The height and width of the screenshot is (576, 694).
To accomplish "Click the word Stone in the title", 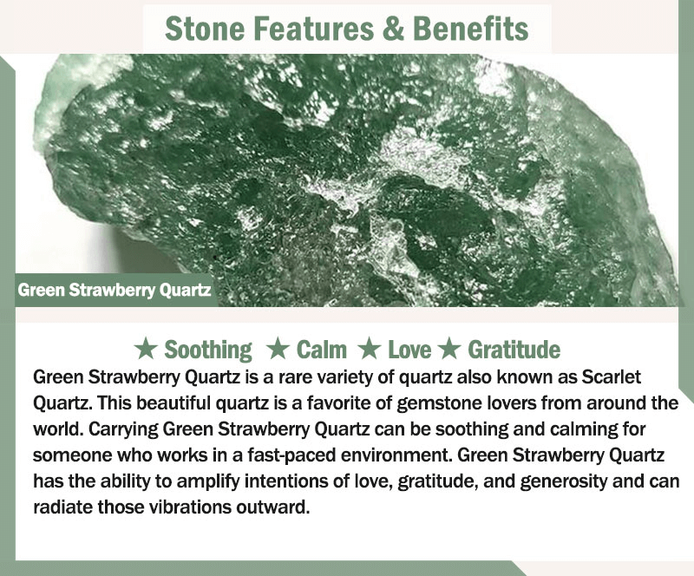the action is click(x=205, y=29).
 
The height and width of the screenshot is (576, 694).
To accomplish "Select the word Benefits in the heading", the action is click(x=470, y=29).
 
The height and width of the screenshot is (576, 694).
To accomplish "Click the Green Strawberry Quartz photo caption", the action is click(x=115, y=291).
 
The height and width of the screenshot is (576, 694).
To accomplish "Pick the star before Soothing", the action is click(x=146, y=349).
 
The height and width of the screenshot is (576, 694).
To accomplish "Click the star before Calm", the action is click(x=278, y=349).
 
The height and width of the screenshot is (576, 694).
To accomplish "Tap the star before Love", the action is click(x=370, y=349).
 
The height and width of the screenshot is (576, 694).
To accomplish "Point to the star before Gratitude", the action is click(x=450, y=349).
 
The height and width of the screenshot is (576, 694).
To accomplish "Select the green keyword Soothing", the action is click(x=208, y=350).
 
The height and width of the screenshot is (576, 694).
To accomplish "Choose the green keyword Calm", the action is click(x=321, y=350).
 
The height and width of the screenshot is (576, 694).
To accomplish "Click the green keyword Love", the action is click(x=409, y=350).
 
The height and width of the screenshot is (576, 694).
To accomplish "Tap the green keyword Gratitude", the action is click(x=514, y=350).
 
